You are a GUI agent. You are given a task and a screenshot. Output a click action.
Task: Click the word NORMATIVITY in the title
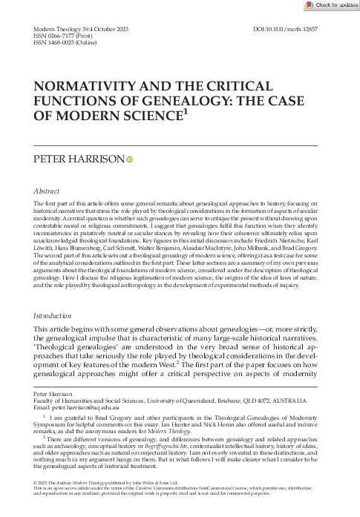pyautogui.click(x=89, y=87)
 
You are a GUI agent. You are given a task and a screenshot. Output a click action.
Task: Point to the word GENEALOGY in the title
pyautogui.click(x=136, y=102)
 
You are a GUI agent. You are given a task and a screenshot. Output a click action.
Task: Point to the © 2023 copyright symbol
pyautogui.click(x=37, y=504)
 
